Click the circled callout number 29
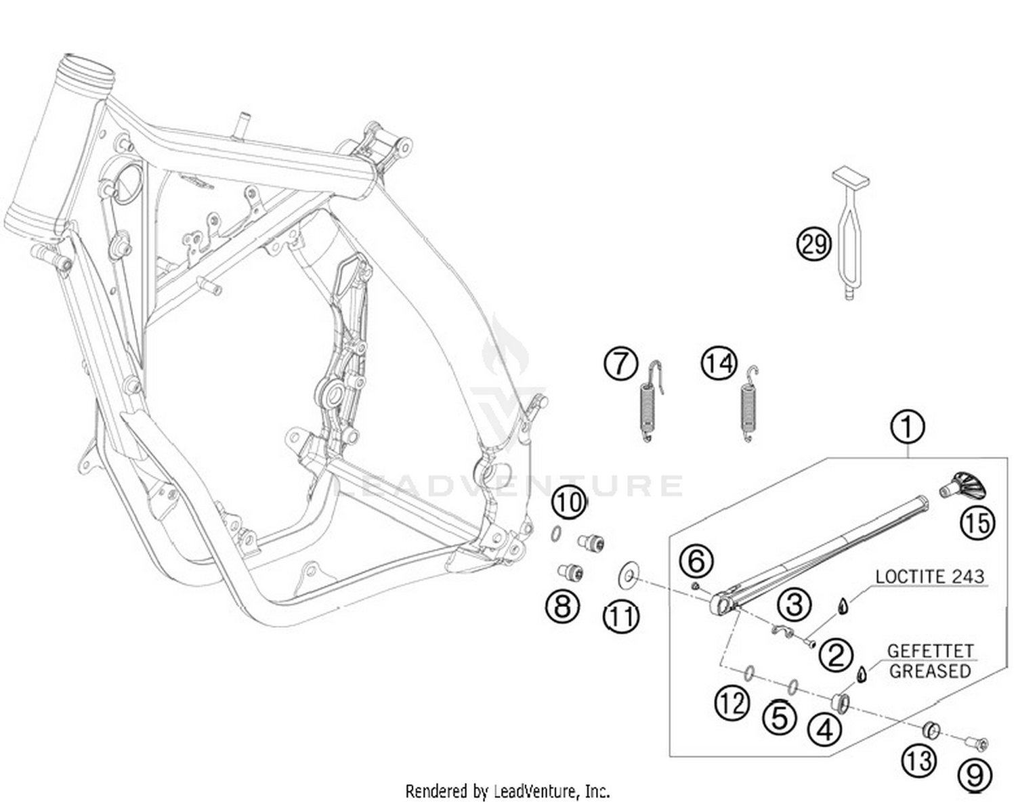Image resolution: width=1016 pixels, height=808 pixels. tap(813, 244)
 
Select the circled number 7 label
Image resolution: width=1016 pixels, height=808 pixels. tap(620, 364)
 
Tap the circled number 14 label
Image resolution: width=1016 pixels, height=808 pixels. tap(718, 364)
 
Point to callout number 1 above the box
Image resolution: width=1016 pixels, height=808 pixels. tap(908, 427)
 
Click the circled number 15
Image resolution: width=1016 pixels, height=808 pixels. tap(977, 522)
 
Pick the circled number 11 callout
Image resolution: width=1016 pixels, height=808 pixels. tap(621, 616)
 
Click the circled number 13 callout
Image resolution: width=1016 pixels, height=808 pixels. tap(918, 761)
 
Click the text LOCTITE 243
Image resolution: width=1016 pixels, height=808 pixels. tap(929, 577)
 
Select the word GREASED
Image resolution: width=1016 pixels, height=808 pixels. tap(930, 671)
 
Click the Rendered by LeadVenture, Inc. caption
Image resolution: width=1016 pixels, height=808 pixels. tap(507, 790)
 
